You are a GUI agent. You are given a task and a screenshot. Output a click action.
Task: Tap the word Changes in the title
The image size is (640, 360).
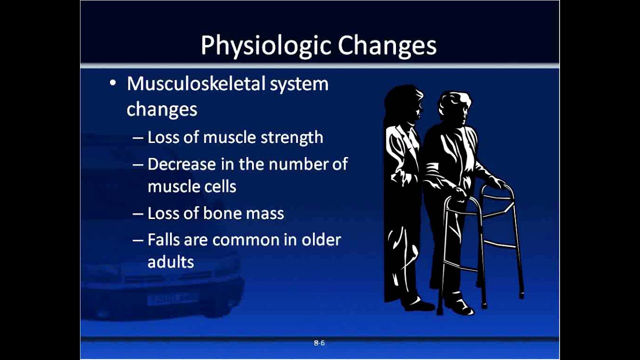pos(387,45)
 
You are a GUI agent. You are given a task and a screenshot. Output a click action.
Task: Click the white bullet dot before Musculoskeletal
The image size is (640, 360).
pos(113,83)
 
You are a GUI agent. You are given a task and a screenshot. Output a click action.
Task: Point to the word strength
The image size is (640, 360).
pos(291,137)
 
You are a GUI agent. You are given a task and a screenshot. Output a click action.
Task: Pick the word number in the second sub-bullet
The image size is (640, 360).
pos(298,164)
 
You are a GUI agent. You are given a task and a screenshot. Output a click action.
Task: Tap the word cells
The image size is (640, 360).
pos(219,186)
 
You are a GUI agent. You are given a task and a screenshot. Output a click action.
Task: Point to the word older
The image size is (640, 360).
pos(321,239)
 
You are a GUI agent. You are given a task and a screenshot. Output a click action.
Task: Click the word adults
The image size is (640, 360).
pos(171,261)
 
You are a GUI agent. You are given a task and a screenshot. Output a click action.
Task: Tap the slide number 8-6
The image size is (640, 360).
pos(319,343)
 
